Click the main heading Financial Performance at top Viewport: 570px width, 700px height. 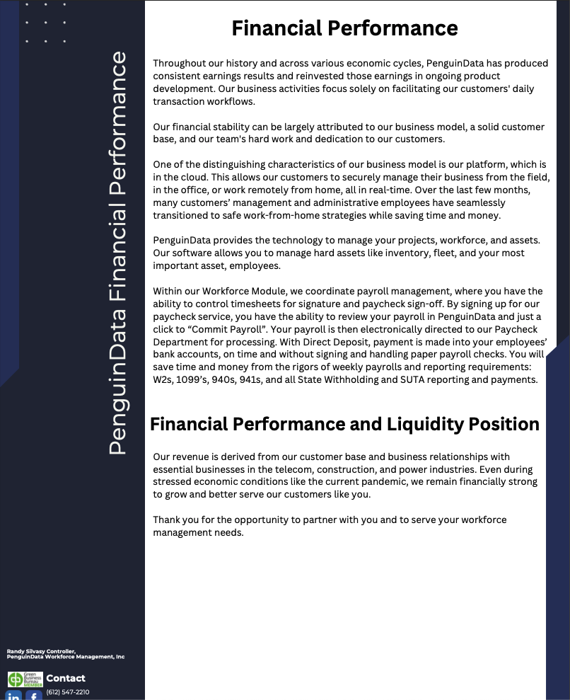point(344,28)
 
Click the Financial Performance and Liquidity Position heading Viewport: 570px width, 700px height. point(344,424)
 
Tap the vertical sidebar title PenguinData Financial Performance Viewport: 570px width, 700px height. point(117,253)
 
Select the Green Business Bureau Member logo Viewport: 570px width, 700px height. point(25,679)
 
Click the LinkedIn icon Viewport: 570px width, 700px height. point(14,696)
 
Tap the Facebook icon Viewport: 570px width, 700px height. point(33,696)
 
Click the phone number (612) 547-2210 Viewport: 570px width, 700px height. point(68,692)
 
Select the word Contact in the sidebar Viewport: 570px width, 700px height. point(66,678)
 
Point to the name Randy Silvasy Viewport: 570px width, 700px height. point(24,651)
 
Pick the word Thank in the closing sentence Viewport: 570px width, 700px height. point(166,520)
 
